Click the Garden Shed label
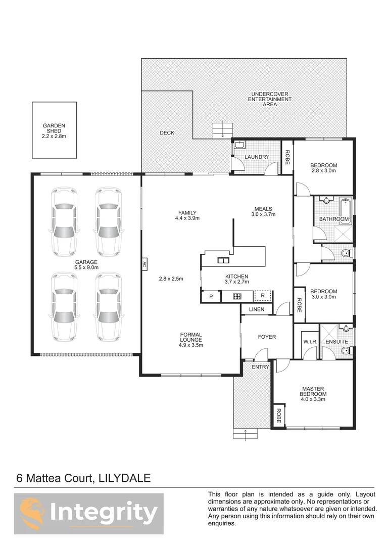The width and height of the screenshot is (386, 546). (x=54, y=129)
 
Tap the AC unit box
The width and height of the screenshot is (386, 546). (x=144, y=263)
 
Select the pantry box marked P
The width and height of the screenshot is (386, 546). (x=210, y=297)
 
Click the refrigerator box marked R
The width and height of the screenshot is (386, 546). (x=263, y=295)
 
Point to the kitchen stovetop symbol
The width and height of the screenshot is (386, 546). (x=236, y=297)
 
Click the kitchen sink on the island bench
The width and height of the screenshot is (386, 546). (x=222, y=261)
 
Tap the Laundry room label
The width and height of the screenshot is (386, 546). (x=257, y=157)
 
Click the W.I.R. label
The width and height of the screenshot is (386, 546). (x=310, y=342)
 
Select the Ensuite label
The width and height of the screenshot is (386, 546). (x=336, y=342)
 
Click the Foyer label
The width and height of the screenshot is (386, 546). (x=267, y=337)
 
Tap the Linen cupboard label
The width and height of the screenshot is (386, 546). (x=256, y=309)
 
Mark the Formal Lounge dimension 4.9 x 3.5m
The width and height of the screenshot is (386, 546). (x=191, y=346)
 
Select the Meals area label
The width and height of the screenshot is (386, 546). (x=263, y=211)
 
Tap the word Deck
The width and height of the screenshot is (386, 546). (x=167, y=133)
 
